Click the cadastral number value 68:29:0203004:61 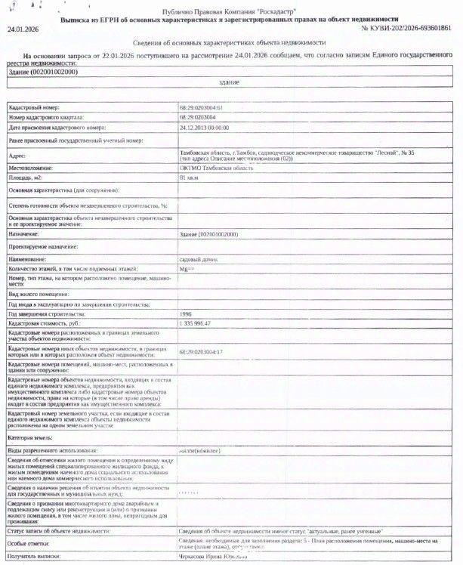click(x=201, y=109)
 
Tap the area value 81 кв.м click(x=189, y=177)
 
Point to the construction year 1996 click(x=186, y=313)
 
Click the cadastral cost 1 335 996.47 click(x=195, y=323)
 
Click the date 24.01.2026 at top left click(x=23, y=28)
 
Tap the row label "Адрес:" click(x=17, y=155)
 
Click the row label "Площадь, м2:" click(x=26, y=177)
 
